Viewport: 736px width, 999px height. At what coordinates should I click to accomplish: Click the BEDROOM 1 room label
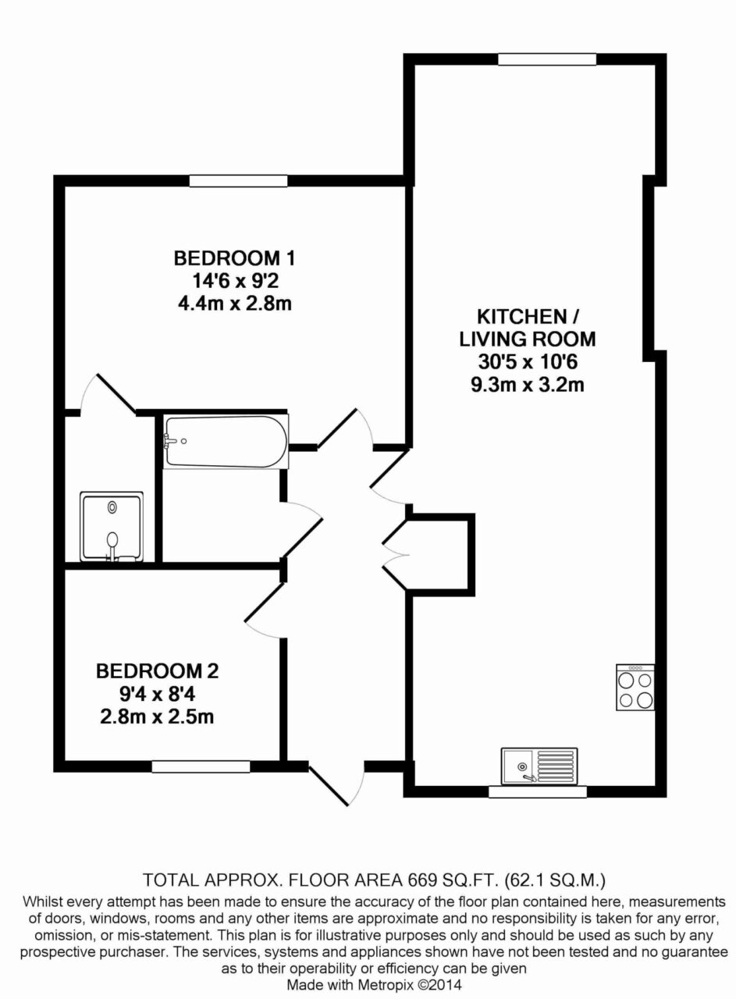[x=234, y=258]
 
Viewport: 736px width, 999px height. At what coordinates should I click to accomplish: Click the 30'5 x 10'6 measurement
[x=528, y=361]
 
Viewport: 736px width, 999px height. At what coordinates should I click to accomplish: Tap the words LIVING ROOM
[x=528, y=339]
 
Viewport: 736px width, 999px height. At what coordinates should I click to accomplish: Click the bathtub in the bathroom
[x=226, y=442]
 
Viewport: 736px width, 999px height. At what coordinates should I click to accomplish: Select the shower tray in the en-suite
[x=112, y=527]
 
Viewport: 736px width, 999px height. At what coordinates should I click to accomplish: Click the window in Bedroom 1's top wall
[x=238, y=180]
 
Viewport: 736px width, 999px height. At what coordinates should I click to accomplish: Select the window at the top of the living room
[x=547, y=59]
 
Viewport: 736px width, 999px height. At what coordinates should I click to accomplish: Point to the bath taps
[x=169, y=442]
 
